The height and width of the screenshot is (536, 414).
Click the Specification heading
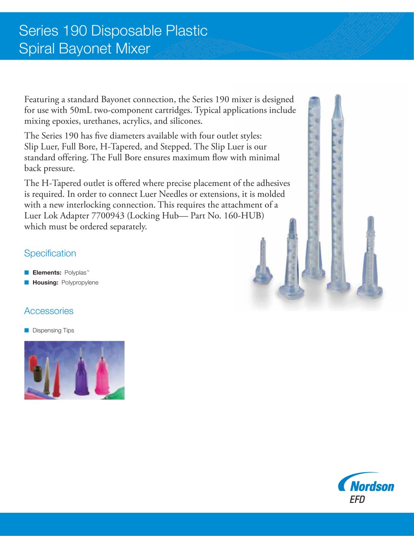click(50, 253)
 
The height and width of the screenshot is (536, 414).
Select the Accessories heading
click(49, 311)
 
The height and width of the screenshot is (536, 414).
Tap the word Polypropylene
click(80, 282)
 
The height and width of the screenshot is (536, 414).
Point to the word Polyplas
click(75, 273)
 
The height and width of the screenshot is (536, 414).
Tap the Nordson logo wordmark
click(371, 485)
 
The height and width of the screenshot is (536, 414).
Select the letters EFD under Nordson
click(357, 500)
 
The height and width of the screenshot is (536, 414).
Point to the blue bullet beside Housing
click(26, 282)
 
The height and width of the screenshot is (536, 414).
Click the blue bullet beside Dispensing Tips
click(26, 330)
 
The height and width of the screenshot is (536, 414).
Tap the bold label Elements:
click(47, 273)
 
